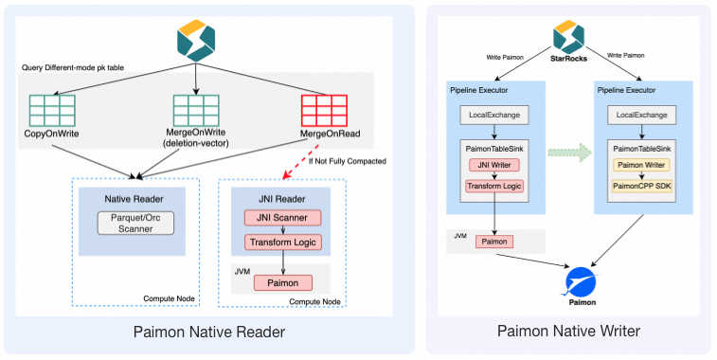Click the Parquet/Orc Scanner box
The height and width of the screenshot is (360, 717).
pos(135,224)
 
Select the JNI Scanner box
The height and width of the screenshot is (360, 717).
pos(282,218)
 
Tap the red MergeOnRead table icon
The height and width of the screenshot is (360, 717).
pos(324,111)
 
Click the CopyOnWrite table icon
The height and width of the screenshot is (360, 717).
pos(52,111)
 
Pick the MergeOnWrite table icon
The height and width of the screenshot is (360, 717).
pos(196,111)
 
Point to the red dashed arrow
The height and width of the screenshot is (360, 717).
pos(301,162)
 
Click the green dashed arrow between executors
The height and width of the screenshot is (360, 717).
pos(570,153)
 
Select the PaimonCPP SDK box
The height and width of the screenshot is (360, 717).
pos(641,187)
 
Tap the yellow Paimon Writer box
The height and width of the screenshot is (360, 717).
pos(641,165)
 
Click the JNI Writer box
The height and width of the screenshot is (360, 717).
pos(493,165)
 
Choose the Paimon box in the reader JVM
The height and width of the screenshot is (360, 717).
pos(283,282)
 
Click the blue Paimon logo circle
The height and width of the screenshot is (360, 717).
pos(582,281)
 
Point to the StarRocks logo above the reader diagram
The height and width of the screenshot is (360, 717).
pos(196,40)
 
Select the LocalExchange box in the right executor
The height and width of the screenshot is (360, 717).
pos(641,115)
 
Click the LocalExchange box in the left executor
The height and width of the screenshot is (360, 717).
pos(494,115)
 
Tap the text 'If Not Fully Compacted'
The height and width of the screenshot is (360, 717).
pos(347,161)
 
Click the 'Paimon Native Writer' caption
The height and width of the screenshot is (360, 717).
pos(568,331)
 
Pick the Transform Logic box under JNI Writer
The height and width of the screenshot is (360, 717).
pos(493,187)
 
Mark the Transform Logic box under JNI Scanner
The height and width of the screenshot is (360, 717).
pos(282,242)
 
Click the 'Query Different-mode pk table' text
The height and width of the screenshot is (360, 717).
pos(73,67)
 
